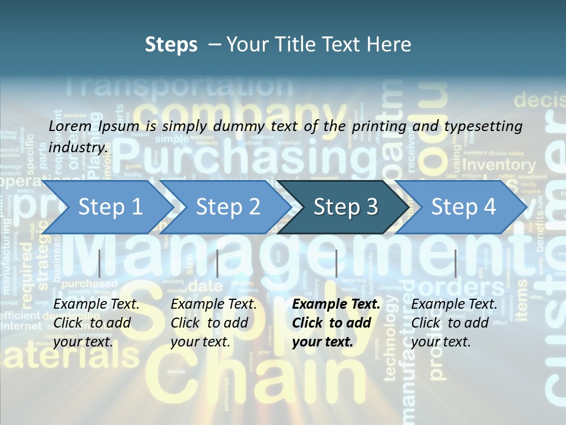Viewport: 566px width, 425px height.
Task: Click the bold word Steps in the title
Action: coord(171,45)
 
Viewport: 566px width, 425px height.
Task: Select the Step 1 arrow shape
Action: coord(109,207)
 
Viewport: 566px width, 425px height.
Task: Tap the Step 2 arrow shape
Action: coord(227,207)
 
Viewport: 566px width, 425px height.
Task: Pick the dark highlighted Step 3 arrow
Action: coord(345,207)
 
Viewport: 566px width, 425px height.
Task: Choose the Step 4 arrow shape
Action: coord(463,207)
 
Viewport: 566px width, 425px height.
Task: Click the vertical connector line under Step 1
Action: coord(100,263)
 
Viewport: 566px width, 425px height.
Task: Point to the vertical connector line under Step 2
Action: coord(218,263)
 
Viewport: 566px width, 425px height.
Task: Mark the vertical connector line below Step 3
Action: coord(336,263)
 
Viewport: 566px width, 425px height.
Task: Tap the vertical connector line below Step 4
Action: coord(455,263)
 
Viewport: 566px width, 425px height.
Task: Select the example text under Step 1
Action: coord(96,323)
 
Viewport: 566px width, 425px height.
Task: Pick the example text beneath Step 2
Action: coord(213,323)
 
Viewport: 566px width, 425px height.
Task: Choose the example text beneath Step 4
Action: coord(454,323)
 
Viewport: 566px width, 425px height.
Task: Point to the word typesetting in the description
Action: coord(488,126)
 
